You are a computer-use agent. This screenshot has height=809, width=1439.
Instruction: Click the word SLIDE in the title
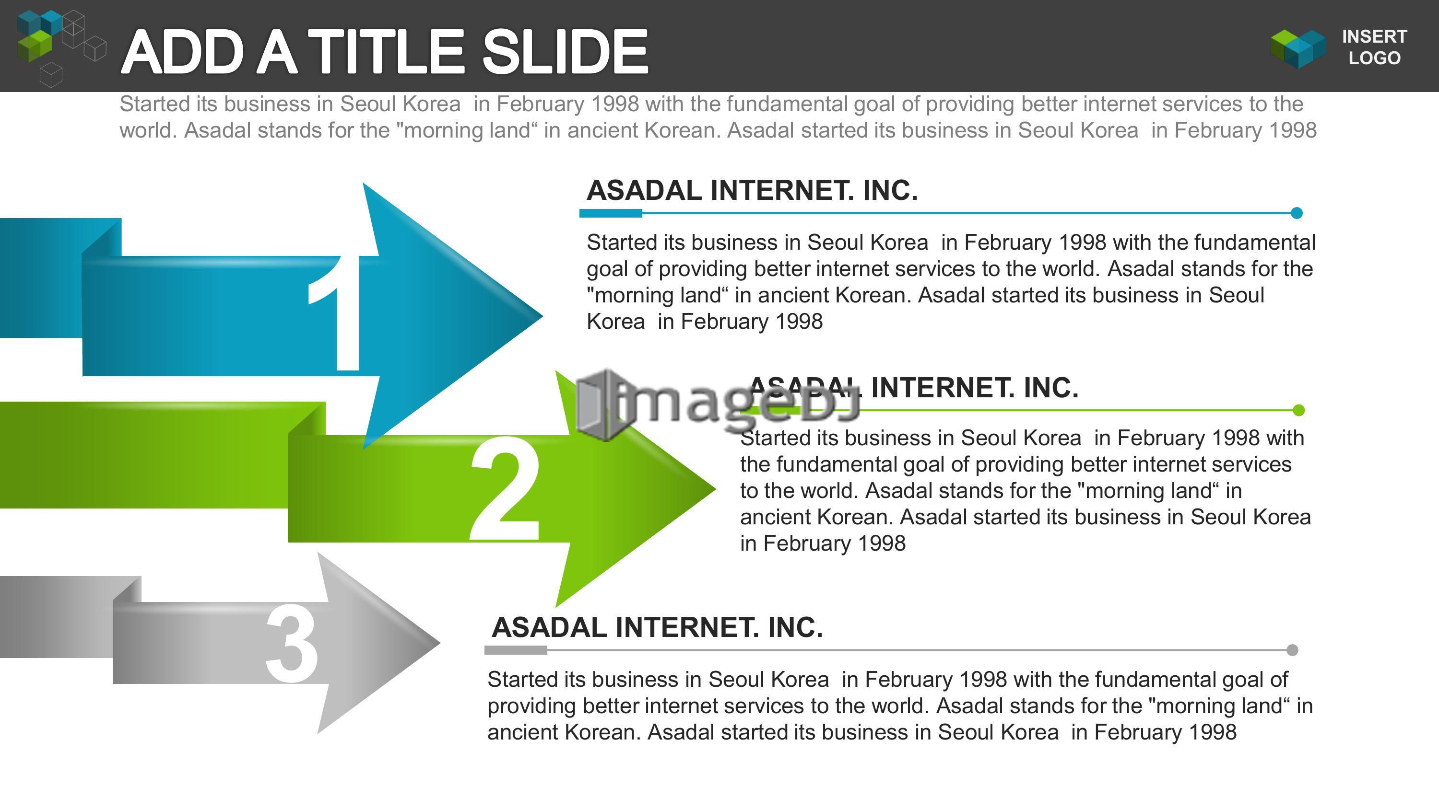coord(565,52)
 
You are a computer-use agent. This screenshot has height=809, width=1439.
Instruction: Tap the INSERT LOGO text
coord(1374,47)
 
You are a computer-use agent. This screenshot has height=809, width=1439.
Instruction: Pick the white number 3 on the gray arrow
coord(292,643)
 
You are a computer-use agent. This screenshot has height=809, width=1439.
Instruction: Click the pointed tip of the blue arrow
coord(542,316)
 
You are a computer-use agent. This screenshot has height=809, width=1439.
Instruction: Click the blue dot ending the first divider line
coord(1297,213)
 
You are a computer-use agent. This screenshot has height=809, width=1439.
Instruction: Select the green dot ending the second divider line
coord(1299,410)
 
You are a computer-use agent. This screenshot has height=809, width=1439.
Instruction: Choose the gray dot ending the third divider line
coord(1292,650)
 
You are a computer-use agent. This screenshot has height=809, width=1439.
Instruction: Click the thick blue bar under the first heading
coord(611,213)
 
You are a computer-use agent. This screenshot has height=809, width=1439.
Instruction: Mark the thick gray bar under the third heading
coord(516,650)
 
